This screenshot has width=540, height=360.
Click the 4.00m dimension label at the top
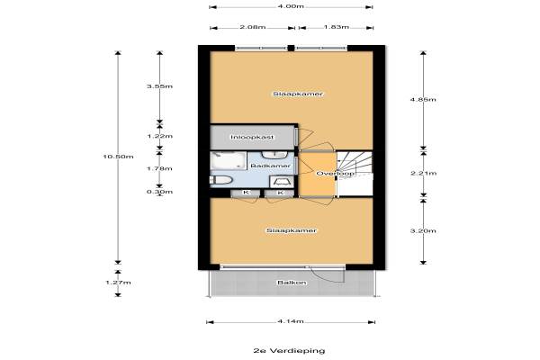(x=289, y=6)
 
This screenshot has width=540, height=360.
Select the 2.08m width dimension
(x=254, y=27)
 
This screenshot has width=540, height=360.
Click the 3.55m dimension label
(x=158, y=86)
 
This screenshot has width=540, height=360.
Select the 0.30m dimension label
(x=158, y=190)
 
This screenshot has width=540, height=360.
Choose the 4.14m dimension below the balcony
(x=289, y=321)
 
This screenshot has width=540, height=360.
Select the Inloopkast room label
(x=251, y=137)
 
